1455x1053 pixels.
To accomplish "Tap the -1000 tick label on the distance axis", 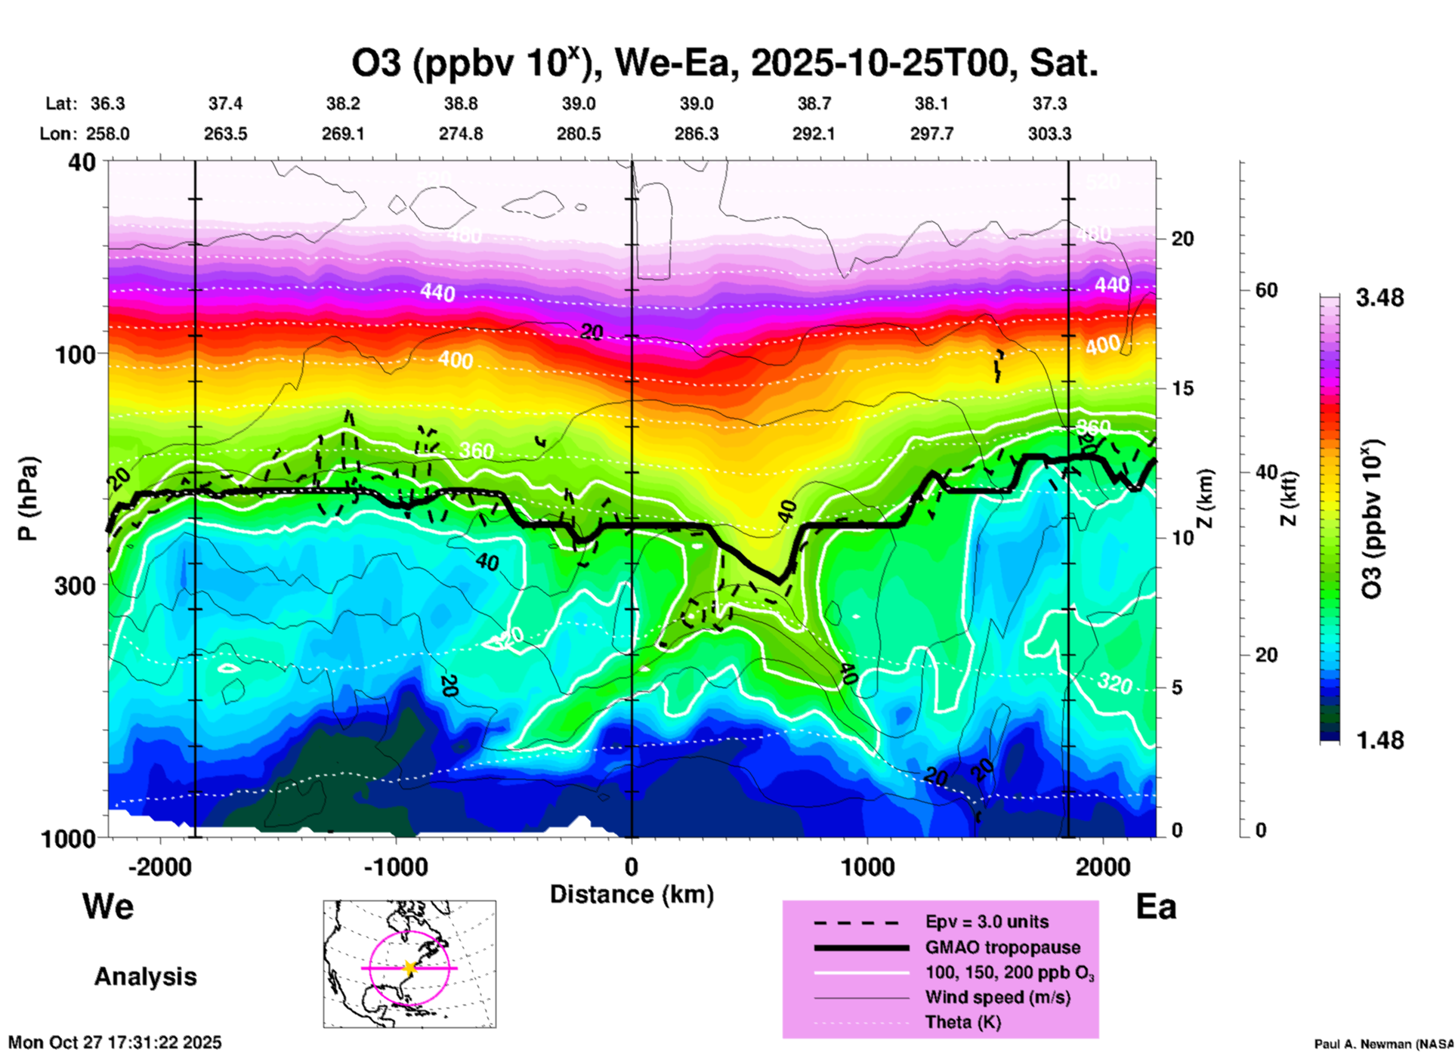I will pos(396,866).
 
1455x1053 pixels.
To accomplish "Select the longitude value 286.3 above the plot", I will pos(696,134).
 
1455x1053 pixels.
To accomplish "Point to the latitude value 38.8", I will pos(460,103).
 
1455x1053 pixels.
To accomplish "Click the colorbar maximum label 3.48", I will pos(1379,298).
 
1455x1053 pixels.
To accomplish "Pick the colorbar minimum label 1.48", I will pos(1379,740).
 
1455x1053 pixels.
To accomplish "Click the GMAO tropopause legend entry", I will pos(1002,947).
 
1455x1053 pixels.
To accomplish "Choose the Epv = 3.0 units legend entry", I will pos(987,922).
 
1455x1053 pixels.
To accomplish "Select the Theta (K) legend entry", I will pos(962,1022).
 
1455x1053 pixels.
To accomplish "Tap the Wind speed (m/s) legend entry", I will pos(997,997).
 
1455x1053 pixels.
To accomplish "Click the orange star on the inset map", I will pos(409,967).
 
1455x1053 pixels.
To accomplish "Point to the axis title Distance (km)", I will pos(632,894).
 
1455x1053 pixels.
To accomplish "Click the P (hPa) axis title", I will pos(28,499).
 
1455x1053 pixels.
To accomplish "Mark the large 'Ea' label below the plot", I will pos(1156,906).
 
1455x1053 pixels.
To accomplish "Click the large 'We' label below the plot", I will pos(108,906).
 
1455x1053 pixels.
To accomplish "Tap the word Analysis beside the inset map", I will pos(145,976).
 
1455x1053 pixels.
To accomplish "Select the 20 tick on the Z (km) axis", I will pos(1182,239).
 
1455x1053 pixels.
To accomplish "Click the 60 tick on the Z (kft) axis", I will pos(1266,290).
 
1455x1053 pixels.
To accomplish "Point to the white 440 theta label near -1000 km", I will pos(437,292).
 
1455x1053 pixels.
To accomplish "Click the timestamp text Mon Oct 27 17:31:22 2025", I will pos(115,1042).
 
